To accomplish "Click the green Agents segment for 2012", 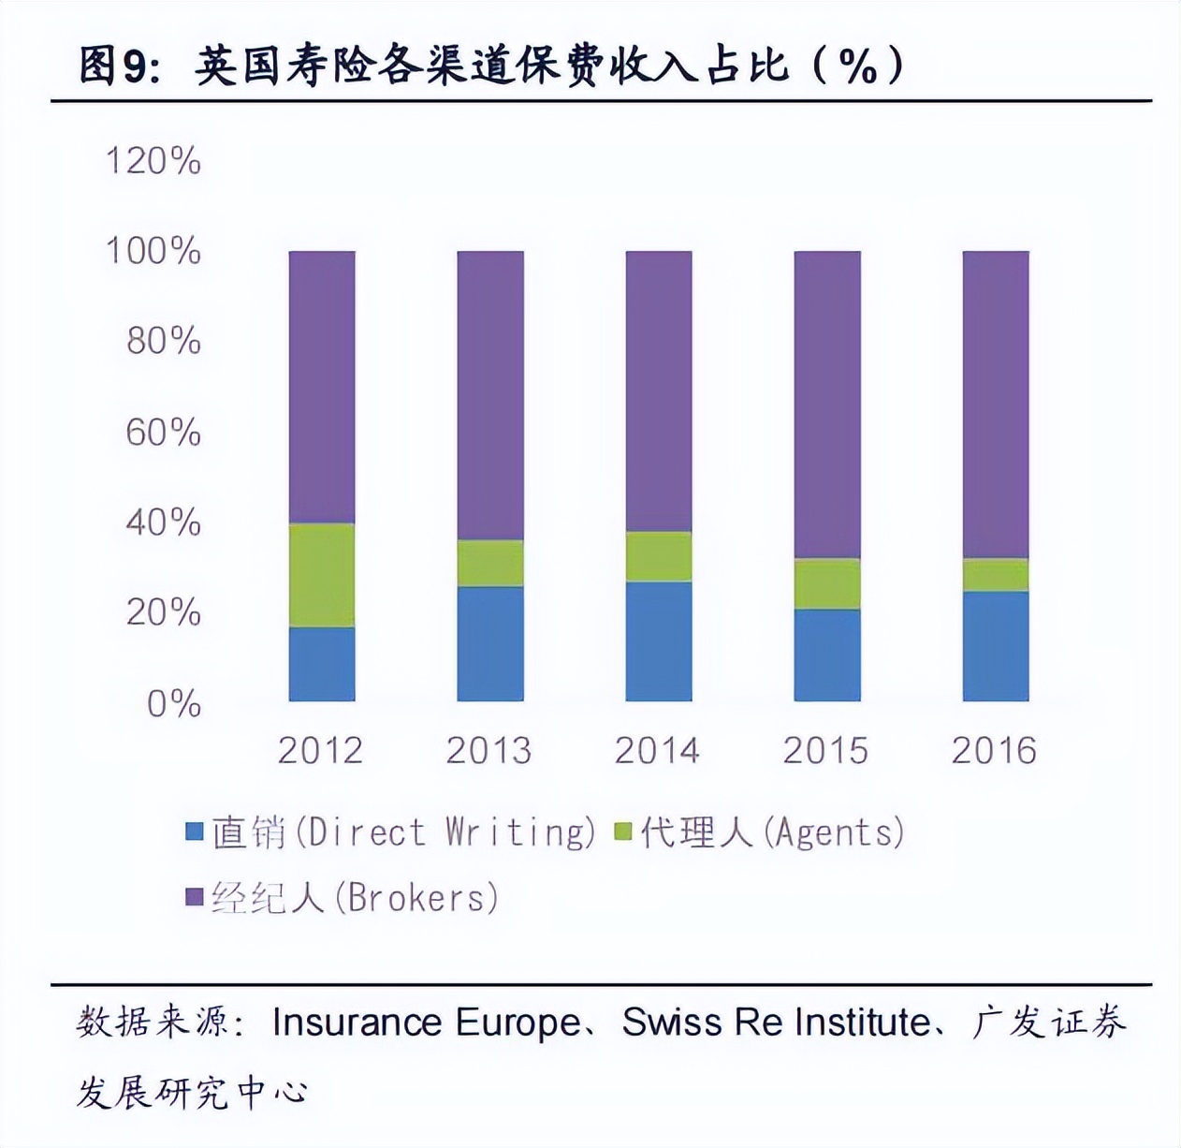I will click(x=321, y=575).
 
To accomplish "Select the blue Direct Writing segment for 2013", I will click(x=489, y=643).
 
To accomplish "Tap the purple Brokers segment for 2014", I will click(x=658, y=391).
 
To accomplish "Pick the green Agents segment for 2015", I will click(x=826, y=583).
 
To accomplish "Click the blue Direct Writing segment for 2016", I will click(x=995, y=645).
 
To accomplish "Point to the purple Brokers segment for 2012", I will click(x=321, y=387).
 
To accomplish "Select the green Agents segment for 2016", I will click(x=995, y=574).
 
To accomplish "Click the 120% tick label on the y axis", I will click(x=153, y=161).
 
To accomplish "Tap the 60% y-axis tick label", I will click(x=163, y=433).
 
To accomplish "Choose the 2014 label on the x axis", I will click(x=657, y=751).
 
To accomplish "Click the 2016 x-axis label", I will click(x=994, y=751).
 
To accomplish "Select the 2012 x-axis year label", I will click(x=320, y=751).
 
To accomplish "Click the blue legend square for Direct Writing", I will click(x=195, y=832).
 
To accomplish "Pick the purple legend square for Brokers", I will click(x=195, y=897).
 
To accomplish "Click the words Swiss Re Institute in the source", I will click(x=777, y=1022).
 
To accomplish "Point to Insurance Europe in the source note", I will click(x=426, y=1022).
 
